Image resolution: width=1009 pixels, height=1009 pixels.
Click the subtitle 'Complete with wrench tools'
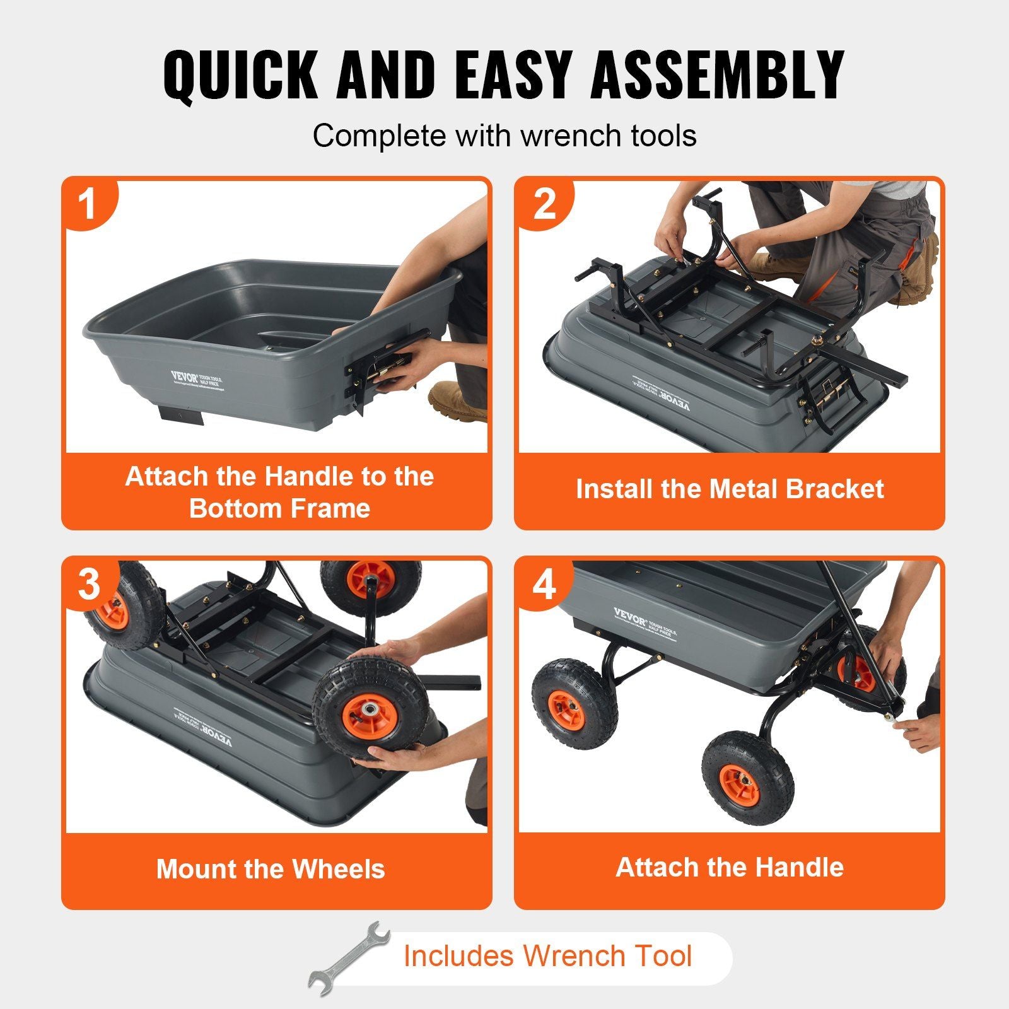[504, 136]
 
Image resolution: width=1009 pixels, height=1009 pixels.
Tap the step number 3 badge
[89, 584]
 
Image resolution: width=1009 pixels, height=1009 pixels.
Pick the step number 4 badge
[544, 584]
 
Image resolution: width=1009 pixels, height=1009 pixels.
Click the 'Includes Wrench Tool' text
[547, 955]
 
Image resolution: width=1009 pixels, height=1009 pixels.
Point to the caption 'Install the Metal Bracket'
[730, 489]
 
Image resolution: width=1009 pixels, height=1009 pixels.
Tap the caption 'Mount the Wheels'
[271, 869]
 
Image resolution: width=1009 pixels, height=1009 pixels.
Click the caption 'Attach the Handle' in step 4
[730, 867]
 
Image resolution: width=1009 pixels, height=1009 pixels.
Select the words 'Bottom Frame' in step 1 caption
[279, 508]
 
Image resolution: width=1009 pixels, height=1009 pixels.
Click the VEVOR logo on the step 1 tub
[184, 377]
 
